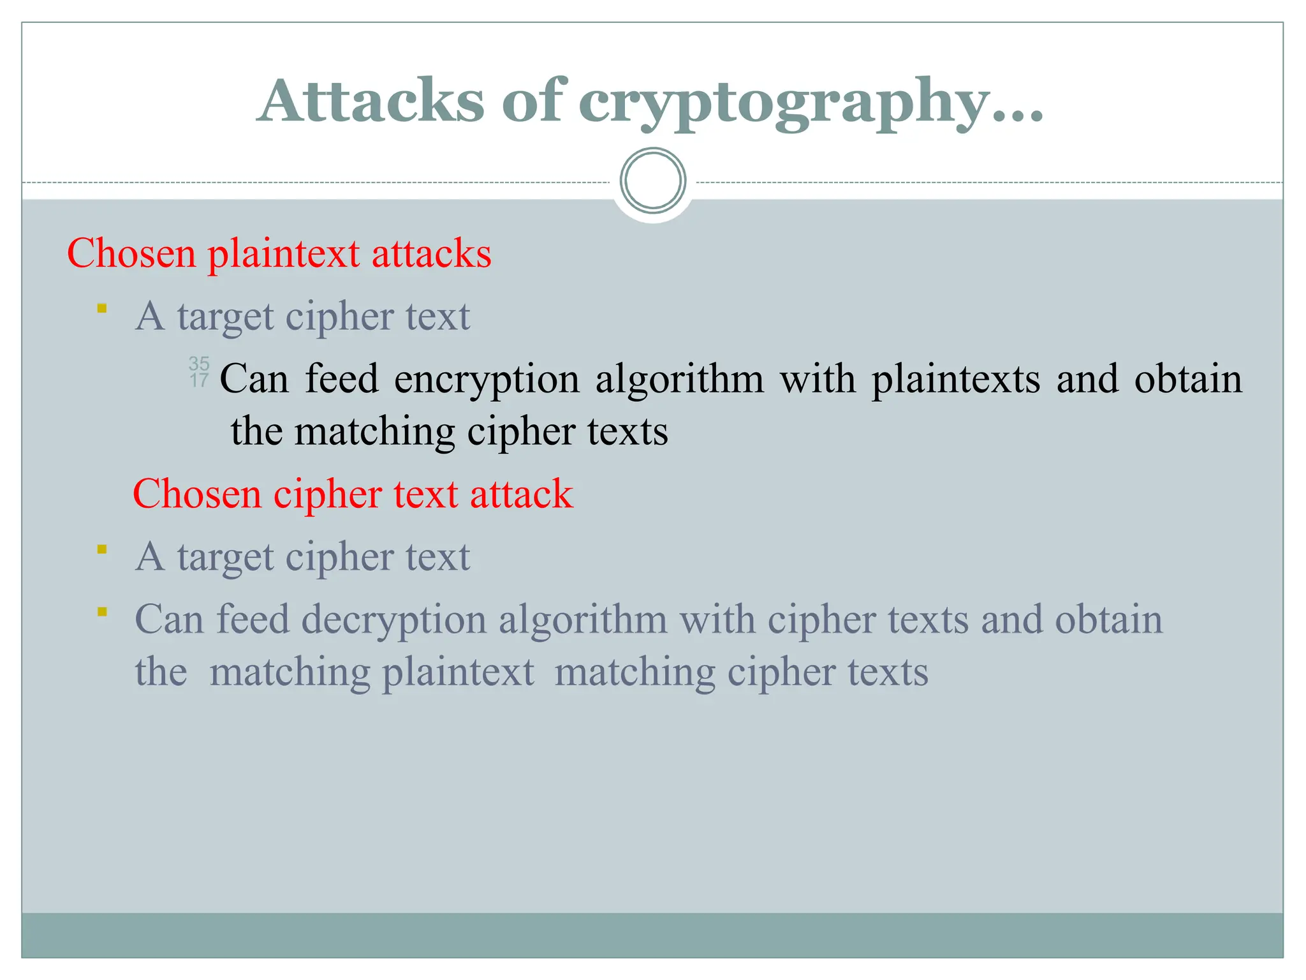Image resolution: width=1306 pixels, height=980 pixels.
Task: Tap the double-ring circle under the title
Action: click(x=652, y=181)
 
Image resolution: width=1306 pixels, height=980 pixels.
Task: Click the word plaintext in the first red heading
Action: click(x=284, y=254)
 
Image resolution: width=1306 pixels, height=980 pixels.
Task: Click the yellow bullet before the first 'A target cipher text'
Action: click(x=102, y=309)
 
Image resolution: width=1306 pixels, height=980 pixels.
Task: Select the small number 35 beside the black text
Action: click(x=199, y=364)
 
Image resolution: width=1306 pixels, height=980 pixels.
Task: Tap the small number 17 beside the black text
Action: click(x=199, y=381)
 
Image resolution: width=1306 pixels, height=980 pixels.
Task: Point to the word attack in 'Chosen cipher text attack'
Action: click(x=521, y=494)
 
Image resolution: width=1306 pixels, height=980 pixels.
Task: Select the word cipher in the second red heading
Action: click(x=327, y=494)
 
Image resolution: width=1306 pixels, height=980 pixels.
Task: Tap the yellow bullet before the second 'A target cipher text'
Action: click(x=102, y=549)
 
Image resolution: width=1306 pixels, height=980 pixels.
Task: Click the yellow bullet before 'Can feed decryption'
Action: click(x=102, y=612)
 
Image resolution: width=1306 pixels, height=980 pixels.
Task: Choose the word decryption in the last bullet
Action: click(x=393, y=621)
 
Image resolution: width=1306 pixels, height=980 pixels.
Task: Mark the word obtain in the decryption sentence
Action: click(x=1109, y=620)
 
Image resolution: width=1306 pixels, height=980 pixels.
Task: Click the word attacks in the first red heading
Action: click(x=431, y=254)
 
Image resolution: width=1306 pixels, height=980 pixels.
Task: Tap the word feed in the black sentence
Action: click(x=342, y=379)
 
